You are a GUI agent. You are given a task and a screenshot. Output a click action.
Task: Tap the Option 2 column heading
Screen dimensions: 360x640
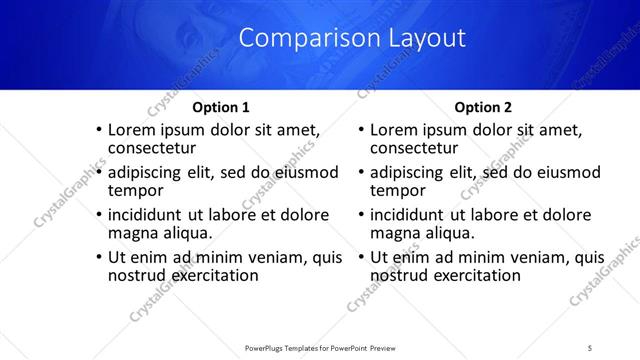pos(483,107)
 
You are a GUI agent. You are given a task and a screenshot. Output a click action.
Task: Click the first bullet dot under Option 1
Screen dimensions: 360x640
pos(98,130)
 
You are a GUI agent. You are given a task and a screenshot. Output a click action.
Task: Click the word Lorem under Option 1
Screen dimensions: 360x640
pos(131,129)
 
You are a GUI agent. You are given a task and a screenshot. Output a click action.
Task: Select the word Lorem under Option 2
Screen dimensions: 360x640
pos(394,129)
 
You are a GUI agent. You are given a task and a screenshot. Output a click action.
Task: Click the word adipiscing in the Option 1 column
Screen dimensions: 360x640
pos(148,172)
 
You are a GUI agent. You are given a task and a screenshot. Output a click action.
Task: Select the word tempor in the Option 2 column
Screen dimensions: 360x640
pos(398,191)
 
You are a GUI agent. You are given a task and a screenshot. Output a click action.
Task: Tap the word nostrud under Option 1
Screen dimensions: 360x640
pos(137,275)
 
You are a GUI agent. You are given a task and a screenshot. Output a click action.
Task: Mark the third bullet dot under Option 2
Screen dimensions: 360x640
pos(361,215)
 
